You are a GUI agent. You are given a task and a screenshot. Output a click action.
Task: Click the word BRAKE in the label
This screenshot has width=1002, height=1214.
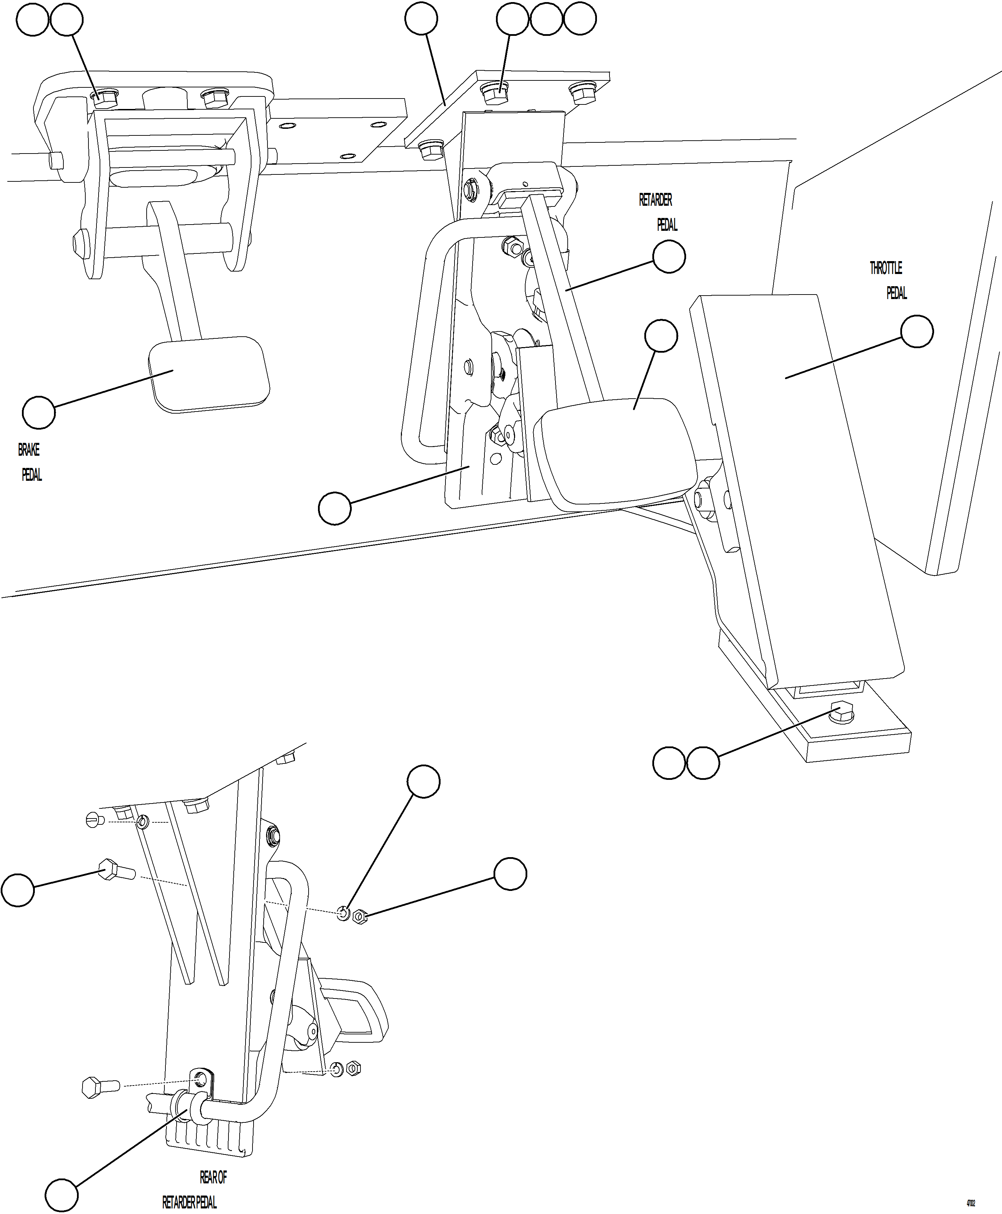pos(29,450)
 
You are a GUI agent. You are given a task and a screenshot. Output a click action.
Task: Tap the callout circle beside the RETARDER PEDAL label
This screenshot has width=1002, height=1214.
pos(669,257)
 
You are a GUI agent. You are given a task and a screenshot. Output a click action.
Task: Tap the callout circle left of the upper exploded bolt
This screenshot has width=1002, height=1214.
pos(18,890)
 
